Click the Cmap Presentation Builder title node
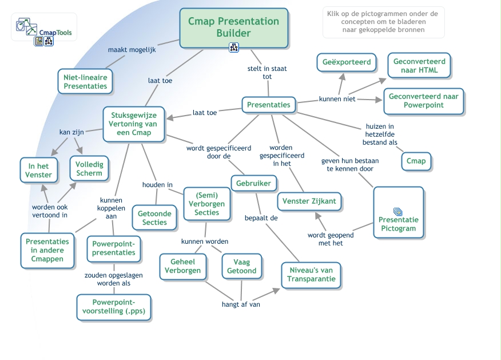point(233,27)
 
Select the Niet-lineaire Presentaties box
point(85,81)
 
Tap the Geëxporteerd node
point(347,62)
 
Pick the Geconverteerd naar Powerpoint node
point(423,101)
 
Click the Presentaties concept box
point(269,105)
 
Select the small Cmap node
point(416,161)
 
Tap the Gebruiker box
point(254,183)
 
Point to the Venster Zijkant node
point(310,201)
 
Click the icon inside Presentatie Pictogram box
point(398,212)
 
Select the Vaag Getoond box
point(242,266)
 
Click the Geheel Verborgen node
point(182,266)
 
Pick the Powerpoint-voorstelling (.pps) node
point(114,307)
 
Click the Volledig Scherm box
point(89,168)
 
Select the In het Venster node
point(39,171)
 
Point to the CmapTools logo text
point(55,33)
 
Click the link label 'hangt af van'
point(241,304)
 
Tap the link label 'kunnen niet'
point(337,99)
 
